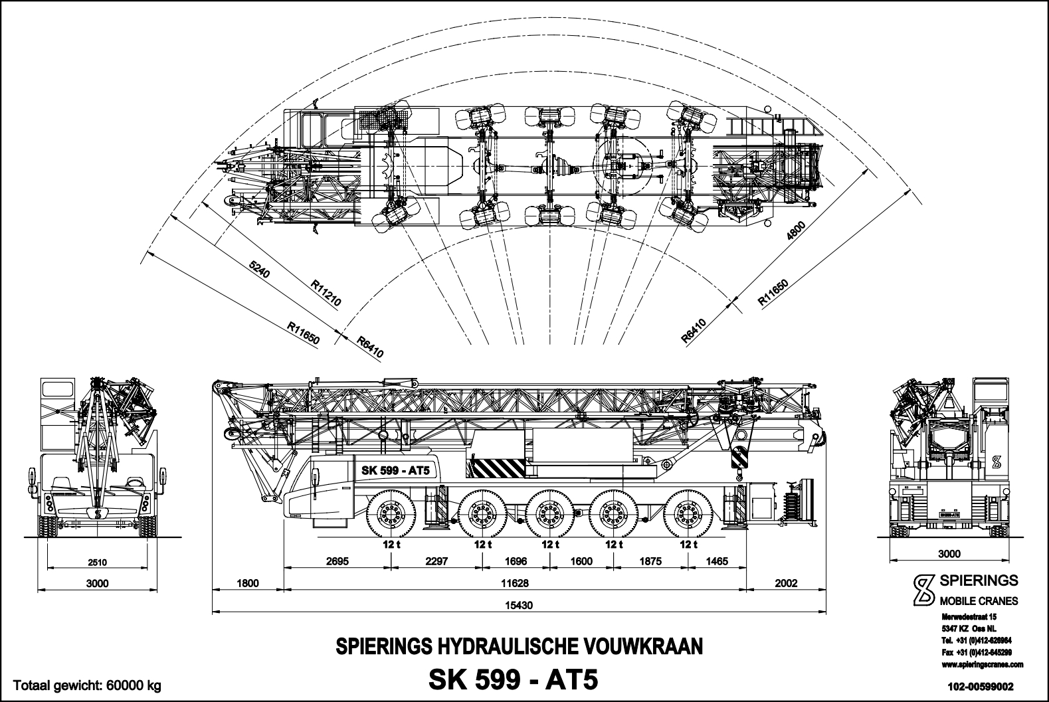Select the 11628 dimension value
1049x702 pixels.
point(516,583)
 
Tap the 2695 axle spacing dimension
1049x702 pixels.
point(337,561)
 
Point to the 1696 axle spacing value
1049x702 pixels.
point(516,561)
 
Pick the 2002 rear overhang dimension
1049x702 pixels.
point(786,583)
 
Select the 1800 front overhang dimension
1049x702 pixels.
point(246,583)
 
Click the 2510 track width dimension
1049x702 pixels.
point(97,563)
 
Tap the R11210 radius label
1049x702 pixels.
point(326,292)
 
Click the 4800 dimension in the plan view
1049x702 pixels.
point(795,234)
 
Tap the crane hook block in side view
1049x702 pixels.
point(739,458)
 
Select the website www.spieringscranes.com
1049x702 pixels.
point(983,664)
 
